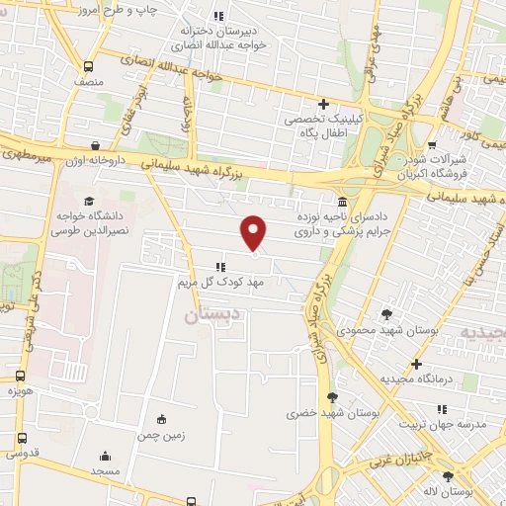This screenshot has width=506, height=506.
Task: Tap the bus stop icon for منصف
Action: pyautogui.click(x=90, y=67)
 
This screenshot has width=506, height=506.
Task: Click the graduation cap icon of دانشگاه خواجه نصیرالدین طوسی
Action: pyautogui.click(x=75, y=174)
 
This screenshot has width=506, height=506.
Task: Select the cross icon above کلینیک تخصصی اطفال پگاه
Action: pyautogui.click(x=323, y=104)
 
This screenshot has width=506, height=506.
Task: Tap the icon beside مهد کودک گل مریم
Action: pyautogui.click(x=221, y=266)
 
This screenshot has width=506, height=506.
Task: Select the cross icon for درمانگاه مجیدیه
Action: pyautogui.click(x=418, y=364)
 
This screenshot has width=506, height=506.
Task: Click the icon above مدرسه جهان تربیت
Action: pyautogui.click(x=442, y=408)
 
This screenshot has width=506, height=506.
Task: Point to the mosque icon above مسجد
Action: pyautogui.click(x=107, y=457)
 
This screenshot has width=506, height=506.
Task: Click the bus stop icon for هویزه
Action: pyautogui.click(x=21, y=377)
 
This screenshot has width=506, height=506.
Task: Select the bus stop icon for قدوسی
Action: pyautogui.click(x=21, y=438)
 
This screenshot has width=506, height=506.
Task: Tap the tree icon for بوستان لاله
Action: pyautogui.click(x=449, y=475)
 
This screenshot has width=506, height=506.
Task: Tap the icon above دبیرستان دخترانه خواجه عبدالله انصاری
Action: pyautogui.click(x=218, y=16)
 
